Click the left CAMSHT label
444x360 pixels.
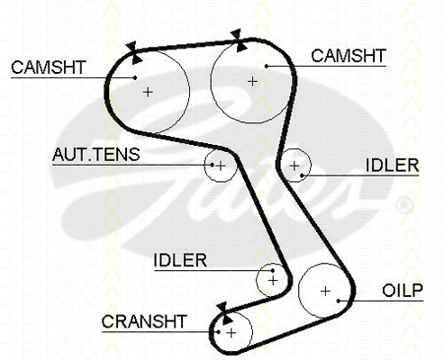click(49, 67)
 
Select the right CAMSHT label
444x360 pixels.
click(349, 56)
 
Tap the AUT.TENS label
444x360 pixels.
click(96, 155)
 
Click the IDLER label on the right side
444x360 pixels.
click(392, 165)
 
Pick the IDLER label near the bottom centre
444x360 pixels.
click(180, 260)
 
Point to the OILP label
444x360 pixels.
click(403, 290)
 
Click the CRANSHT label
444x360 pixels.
click(144, 321)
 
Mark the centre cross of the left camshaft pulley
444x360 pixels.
click(148, 92)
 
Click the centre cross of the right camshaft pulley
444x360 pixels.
click(253, 81)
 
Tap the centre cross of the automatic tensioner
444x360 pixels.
click(221, 166)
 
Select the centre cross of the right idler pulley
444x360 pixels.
click(294, 166)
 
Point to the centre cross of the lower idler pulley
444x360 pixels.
click(273, 281)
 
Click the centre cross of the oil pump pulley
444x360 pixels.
click(325, 291)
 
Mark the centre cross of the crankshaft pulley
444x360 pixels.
click(231, 333)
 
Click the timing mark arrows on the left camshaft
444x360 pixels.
click(133, 53)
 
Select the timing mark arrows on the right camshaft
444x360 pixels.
click(239, 40)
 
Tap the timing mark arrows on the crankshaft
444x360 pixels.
click(224, 313)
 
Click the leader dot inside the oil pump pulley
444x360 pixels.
click(339, 301)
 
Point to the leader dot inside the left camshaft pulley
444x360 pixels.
click(135, 77)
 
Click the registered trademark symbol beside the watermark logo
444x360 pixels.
click(404, 206)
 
